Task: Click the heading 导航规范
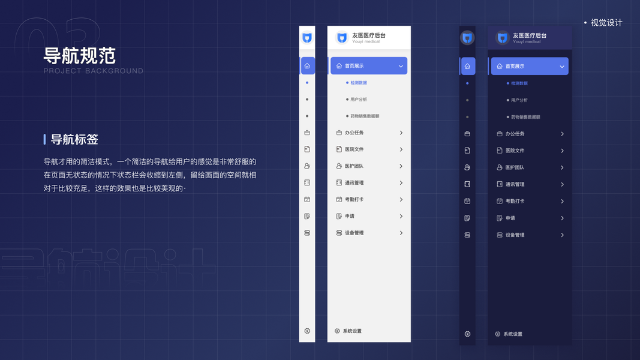(x=79, y=56)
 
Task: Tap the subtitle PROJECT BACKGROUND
(x=94, y=71)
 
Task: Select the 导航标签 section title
(x=74, y=139)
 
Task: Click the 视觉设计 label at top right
(x=606, y=23)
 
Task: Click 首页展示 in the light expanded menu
(x=354, y=66)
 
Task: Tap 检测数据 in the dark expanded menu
(x=519, y=83)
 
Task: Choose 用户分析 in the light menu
(x=359, y=100)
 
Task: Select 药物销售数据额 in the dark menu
(x=525, y=117)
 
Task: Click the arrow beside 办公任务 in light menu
(x=401, y=133)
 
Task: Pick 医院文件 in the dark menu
(x=515, y=151)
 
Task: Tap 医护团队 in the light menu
(x=354, y=166)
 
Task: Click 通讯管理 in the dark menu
(x=515, y=184)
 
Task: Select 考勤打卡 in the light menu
(x=354, y=199)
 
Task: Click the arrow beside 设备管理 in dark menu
(x=562, y=235)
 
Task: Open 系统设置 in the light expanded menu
(x=351, y=331)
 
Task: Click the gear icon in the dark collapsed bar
(x=467, y=334)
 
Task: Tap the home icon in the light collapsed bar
(x=307, y=66)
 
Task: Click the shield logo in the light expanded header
(x=342, y=38)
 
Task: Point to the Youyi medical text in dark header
(x=527, y=42)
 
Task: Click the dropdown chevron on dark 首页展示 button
(x=562, y=67)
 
